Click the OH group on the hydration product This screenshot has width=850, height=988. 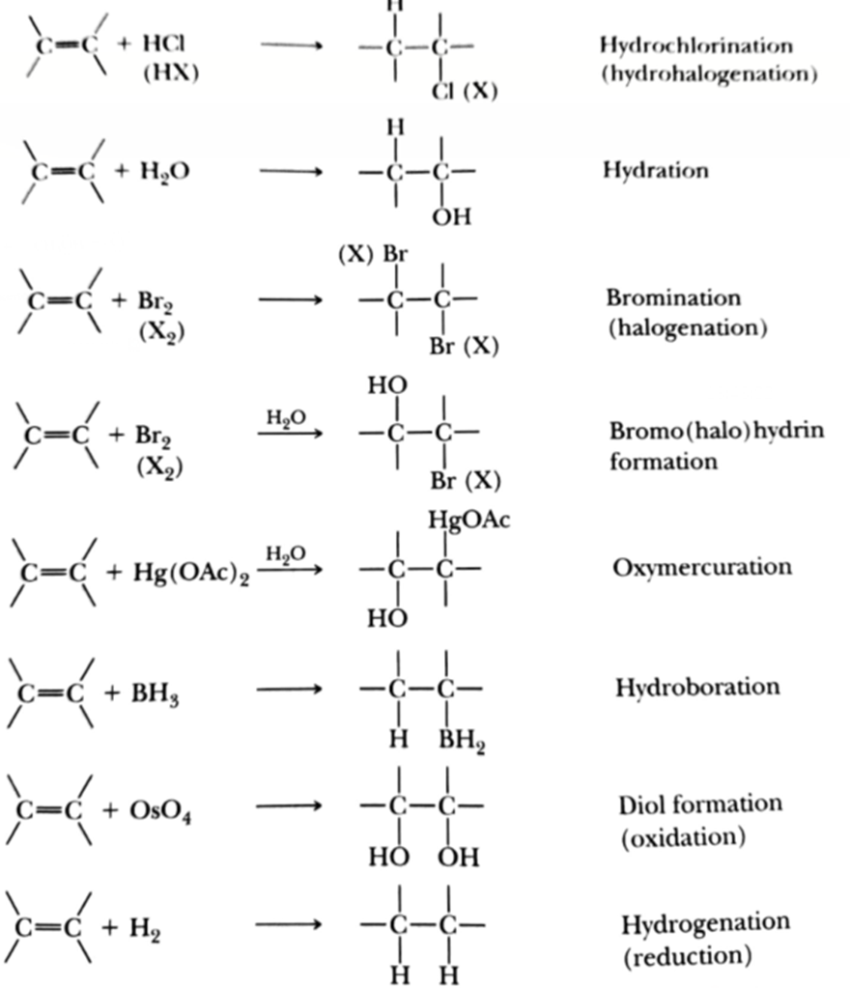(x=451, y=217)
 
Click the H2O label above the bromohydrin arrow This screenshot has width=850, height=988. (x=285, y=417)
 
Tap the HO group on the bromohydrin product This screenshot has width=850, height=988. (x=387, y=386)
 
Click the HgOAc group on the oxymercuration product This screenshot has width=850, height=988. (x=469, y=521)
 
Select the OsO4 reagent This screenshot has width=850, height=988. (x=160, y=810)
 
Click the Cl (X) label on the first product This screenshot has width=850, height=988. (x=464, y=93)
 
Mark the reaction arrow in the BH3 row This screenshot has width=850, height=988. (x=289, y=689)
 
